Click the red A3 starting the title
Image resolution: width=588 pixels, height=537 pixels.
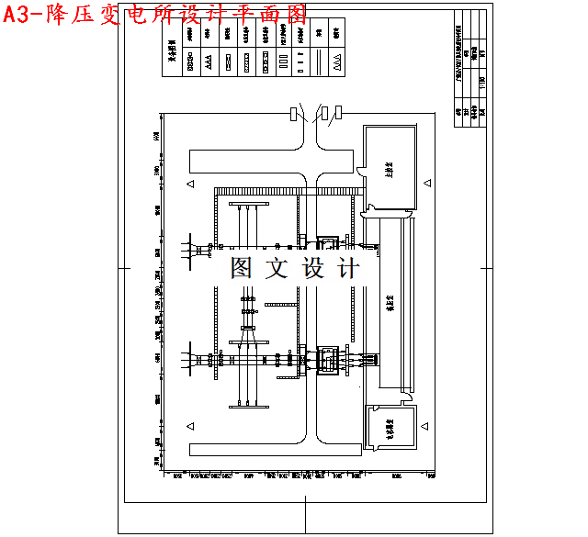(20, 14)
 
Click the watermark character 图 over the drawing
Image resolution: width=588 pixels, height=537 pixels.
(242, 268)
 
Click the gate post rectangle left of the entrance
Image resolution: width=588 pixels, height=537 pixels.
(293, 114)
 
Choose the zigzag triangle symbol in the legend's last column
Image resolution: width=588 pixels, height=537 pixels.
(337, 63)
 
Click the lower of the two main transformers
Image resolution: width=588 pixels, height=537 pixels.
(328, 359)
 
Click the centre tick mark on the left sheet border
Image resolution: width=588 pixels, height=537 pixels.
(123, 268)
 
